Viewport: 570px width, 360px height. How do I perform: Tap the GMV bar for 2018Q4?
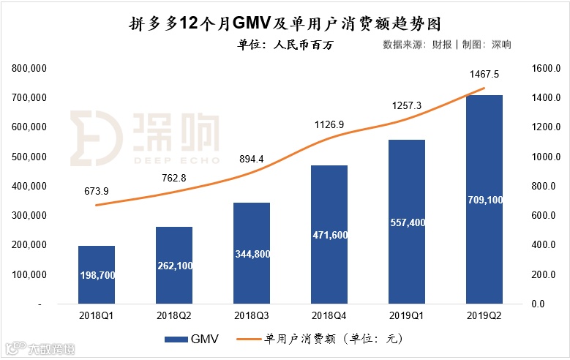329,234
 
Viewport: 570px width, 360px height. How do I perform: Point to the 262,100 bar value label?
174,266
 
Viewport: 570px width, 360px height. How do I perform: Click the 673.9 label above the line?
96,192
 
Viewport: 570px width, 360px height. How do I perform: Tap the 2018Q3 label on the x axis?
252,315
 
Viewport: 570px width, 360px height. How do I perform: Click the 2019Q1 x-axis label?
406,315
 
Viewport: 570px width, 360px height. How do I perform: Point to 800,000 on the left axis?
30,68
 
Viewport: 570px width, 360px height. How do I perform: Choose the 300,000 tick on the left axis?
30,216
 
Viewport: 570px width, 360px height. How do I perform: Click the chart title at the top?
285,22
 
